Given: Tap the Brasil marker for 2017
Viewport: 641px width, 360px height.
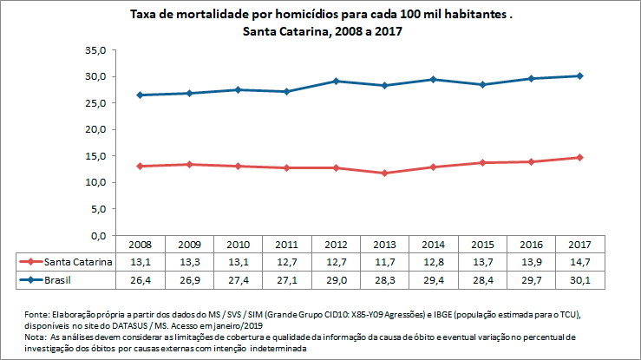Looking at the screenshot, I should click(x=580, y=75).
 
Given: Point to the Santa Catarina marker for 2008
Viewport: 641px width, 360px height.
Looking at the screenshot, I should click(x=140, y=166).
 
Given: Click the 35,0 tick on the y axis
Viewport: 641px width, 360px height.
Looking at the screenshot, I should click(x=95, y=50).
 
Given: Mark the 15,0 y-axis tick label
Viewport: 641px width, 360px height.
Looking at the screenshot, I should click(x=95, y=156).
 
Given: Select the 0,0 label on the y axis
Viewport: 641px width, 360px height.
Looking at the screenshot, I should click(x=98, y=235).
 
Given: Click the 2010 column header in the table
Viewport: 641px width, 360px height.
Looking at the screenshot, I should click(x=239, y=245).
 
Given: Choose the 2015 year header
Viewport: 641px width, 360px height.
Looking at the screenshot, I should click(x=481, y=245).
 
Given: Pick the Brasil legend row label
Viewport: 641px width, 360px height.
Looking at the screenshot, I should click(x=60, y=280).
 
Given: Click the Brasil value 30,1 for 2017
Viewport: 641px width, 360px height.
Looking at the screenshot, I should click(x=580, y=280).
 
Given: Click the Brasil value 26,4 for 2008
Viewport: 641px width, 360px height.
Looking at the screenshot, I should click(x=140, y=280).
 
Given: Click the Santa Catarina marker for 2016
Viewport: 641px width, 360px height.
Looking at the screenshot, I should click(x=531, y=161).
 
